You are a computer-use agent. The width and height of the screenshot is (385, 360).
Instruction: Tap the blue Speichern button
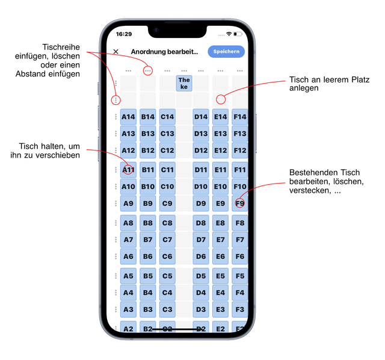pyautogui.click(x=226, y=52)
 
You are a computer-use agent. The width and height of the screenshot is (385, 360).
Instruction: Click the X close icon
pyautogui.click(x=116, y=52)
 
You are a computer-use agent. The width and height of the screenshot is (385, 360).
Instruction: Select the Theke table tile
pyautogui.click(x=184, y=83)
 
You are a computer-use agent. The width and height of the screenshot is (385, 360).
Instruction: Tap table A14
pyautogui.click(x=128, y=117)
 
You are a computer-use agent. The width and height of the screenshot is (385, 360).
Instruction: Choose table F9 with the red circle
pyautogui.click(x=240, y=203)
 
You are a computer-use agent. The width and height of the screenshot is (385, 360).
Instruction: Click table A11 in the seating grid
pyautogui.click(x=128, y=170)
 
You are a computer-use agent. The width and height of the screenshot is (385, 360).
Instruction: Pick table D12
pyautogui.click(x=201, y=150)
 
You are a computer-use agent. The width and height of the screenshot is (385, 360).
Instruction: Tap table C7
pyautogui.click(x=167, y=240)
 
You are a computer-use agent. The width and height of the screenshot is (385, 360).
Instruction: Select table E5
pyautogui.click(x=220, y=276)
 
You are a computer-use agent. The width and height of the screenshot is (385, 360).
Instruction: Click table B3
pyautogui.click(x=148, y=309)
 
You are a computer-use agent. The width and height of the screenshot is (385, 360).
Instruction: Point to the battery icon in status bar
pyautogui.click(x=238, y=34)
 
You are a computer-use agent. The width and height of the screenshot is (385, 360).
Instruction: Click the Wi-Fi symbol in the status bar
pyautogui.click(x=229, y=34)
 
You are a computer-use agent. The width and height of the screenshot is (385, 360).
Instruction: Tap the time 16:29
pyautogui.click(x=124, y=34)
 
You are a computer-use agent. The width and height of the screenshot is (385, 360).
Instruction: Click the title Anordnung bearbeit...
pyautogui.click(x=164, y=52)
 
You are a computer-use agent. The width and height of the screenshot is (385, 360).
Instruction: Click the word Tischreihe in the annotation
pyautogui.click(x=61, y=47)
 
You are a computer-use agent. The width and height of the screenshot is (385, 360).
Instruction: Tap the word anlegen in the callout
pyautogui.click(x=304, y=88)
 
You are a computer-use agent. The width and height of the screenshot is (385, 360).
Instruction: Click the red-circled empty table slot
pyautogui.click(x=221, y=99)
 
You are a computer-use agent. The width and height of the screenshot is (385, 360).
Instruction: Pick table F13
pyautogui.click(x=240, y=134)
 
